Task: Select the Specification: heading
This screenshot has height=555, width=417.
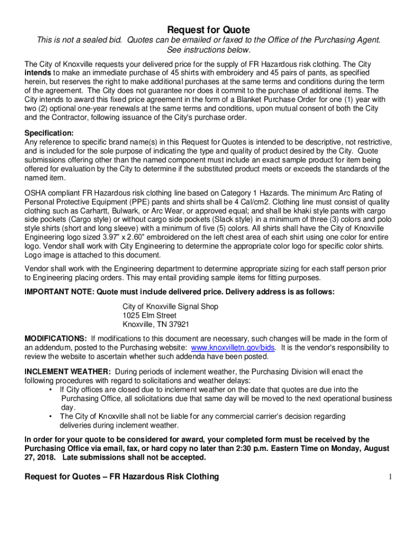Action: [49, 133]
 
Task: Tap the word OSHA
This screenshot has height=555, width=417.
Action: [36, 192]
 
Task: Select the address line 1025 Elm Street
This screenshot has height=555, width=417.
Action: [149, 315]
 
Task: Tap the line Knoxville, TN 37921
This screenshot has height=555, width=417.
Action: [156, 325]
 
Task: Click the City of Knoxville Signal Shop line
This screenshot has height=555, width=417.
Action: [171, 306]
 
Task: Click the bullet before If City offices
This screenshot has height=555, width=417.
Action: [51, 390]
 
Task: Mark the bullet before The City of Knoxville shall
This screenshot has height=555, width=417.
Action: [51, 416]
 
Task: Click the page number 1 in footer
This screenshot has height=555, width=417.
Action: [389, 477]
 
